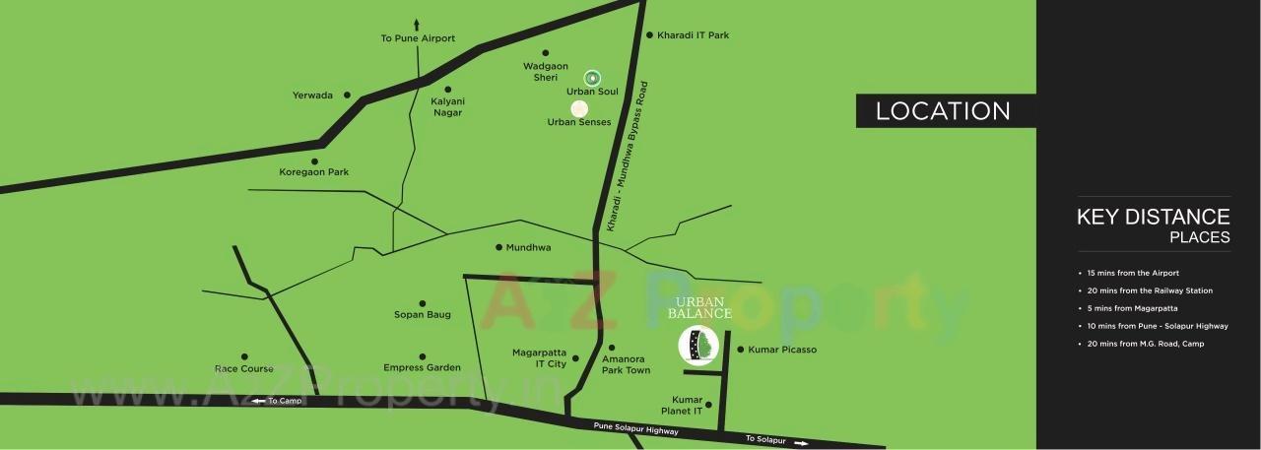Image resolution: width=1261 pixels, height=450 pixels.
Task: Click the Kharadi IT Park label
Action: (x=693, y=35)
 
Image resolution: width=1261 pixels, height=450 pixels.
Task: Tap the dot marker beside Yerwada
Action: (x=346, y=96)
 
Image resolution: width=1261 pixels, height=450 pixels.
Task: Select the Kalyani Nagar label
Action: (x=447, y=106)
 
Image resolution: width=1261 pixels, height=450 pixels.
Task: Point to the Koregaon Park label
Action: (x=314, y=172)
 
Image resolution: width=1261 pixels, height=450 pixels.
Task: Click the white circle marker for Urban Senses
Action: (x=579, y=108)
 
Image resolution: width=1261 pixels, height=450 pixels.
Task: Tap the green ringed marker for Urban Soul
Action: (x=592, y=77)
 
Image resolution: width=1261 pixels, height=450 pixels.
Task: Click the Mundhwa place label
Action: (x=528, y=248)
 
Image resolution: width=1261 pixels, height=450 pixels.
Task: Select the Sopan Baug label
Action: (x=423, y=315)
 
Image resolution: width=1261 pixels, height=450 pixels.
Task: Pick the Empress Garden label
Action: (x=423, y=367)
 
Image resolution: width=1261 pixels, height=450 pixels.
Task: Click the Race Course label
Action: (x=244, y=368)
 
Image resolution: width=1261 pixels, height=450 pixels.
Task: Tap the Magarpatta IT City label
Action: (x=539, y=357)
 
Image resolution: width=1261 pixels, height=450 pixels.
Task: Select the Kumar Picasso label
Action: (x=782, y=350)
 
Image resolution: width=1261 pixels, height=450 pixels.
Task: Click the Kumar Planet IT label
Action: (x=687, y=404)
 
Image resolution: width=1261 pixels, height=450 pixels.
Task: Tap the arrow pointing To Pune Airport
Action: (x=418, y=24)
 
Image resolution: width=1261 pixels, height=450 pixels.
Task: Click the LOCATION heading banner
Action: (x=943, y=111)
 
